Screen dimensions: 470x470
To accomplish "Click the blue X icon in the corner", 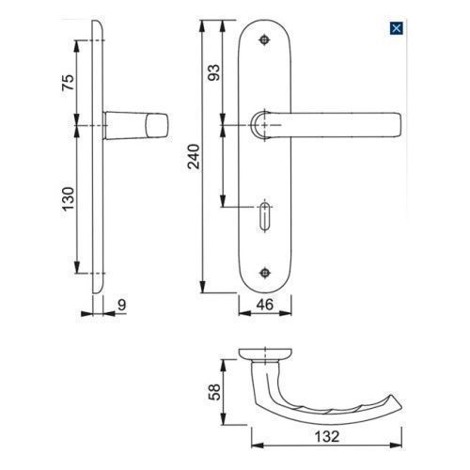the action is [396, 28].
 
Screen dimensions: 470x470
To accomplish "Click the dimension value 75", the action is [69, 83].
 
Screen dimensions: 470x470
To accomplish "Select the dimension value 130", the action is [69, 199].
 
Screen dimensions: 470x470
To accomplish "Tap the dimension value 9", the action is [122, 305].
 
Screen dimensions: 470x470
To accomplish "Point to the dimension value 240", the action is [194, 156].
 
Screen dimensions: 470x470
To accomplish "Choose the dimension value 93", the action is [214, 72].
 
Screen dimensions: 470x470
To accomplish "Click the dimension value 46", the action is [265, 305].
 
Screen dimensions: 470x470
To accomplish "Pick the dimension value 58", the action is [214, 392].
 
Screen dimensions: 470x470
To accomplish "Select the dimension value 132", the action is [327, 436].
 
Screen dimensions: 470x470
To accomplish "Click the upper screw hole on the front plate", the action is [265, 39].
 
